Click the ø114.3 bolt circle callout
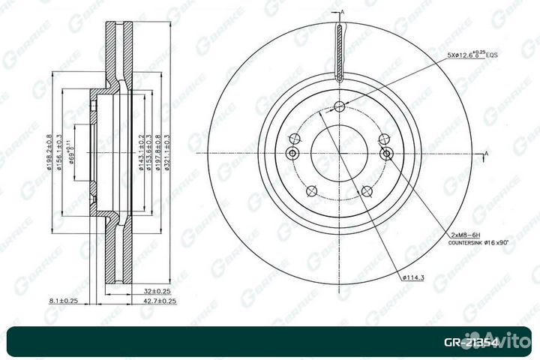pyautogui.click(x=414, y=278)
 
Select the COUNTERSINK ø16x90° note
pyautogui.click(x=479, y=244)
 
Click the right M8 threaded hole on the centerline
pyautogui.click(x=387, y=154)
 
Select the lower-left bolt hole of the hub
pyautogui.click(x=310, y=191)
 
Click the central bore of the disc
pyautogui.click(x=339, y=154)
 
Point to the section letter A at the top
pyautogui.click(x=342, y=13)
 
